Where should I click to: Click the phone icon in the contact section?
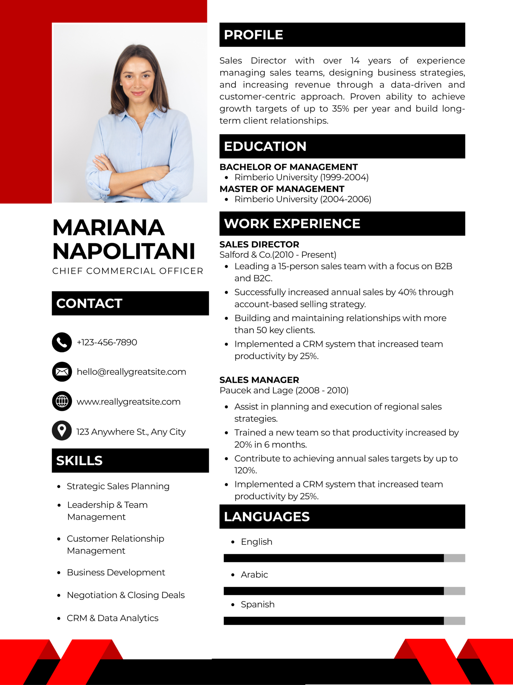pos(62,342)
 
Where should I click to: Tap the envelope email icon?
pos(62,372)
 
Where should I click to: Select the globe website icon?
pos(62,401)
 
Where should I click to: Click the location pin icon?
pos(62,431)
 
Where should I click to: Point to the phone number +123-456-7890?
pos(107,342)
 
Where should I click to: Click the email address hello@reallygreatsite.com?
pos(131,372)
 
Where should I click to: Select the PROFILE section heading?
pos(253,35)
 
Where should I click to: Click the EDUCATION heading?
pos(265,146)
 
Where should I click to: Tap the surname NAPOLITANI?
pos(124,251)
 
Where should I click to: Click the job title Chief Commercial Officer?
pos(127,271)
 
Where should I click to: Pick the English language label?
pos(256,542)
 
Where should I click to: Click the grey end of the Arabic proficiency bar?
pos(454,591)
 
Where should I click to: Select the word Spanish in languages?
pos(258,604)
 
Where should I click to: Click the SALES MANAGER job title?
pos(259,380)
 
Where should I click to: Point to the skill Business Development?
pos(116,572)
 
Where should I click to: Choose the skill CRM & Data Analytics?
pos(112,618)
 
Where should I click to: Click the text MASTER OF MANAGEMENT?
pos(282,189)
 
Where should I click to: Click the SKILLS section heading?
pos(79,461)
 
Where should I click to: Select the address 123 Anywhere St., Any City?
pos(131,431)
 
